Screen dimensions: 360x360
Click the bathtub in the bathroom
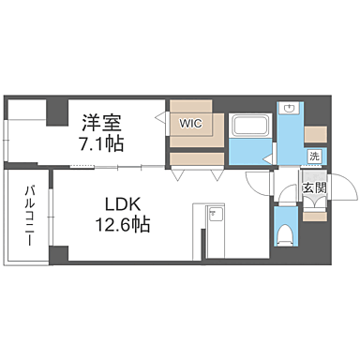(x=250, y=126)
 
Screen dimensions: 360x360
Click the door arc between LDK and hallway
(x=257, y=184)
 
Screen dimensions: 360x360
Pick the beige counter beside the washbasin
(x=315, y=130)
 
